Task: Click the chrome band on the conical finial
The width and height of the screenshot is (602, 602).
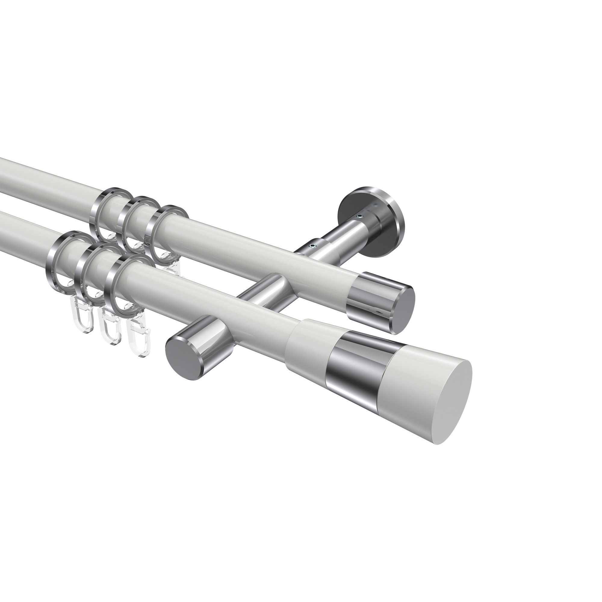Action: tap(355, 365)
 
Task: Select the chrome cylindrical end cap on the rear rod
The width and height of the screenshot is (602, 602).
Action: tap(368, 299)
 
